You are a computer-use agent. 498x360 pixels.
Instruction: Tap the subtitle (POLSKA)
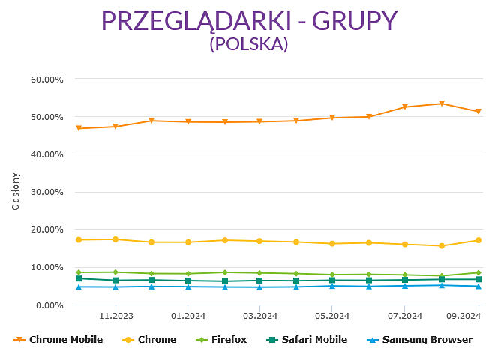pos(249,44)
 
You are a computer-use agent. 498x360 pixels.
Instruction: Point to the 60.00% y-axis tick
pos(46,79)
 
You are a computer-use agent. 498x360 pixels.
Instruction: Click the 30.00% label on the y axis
pos(46,192)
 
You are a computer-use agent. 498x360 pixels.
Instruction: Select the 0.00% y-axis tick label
pos(49,304)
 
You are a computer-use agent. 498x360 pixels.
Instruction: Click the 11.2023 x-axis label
pos(115,316)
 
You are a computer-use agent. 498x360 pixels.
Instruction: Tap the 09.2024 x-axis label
pos(462,316)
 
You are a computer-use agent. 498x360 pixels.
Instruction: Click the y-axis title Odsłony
pos(16,191)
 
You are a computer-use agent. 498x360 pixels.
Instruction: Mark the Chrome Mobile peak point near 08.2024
pos(442,103)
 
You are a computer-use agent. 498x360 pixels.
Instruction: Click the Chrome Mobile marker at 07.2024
pos(405,106)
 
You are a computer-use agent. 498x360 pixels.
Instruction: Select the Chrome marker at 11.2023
pos(115,239)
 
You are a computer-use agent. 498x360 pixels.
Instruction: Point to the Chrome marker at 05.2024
pos(332,243)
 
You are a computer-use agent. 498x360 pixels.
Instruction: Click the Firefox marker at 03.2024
pos(259,273)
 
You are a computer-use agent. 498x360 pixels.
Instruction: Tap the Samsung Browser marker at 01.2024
pos(187,286)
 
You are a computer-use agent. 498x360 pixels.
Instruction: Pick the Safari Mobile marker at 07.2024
pos(405,280)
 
